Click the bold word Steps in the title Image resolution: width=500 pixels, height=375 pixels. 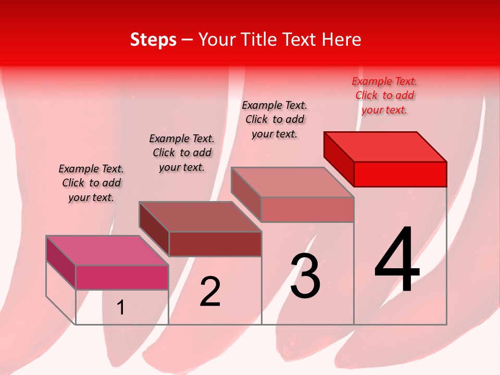click(x=153, y=40)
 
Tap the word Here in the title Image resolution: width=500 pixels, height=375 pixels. click(x=342, y=40)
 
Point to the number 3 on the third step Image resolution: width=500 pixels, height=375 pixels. click(x=305, y=276)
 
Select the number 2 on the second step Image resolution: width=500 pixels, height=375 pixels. click(x=210, y=292)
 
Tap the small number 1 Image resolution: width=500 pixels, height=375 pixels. click(x=121, y=307)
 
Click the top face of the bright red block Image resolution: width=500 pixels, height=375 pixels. click(x=385, y=146)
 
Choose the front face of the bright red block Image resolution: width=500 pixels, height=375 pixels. click(x=400, y=174)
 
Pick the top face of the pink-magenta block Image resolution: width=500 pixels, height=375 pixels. click(x=107, y=251)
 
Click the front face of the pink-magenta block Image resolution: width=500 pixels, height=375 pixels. click(x=122, y=277)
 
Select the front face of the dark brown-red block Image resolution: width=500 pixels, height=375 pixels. click(x=215, y=244)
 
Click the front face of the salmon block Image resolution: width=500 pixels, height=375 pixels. click(x=307, y=209)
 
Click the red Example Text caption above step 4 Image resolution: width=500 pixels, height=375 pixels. click(x=384, y=95)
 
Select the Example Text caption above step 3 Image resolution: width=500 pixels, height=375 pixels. click(x=274, y=119)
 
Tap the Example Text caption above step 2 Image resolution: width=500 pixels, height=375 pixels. click(x=182, y=153)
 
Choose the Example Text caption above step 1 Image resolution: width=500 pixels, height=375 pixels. click(x=91, y=183)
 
